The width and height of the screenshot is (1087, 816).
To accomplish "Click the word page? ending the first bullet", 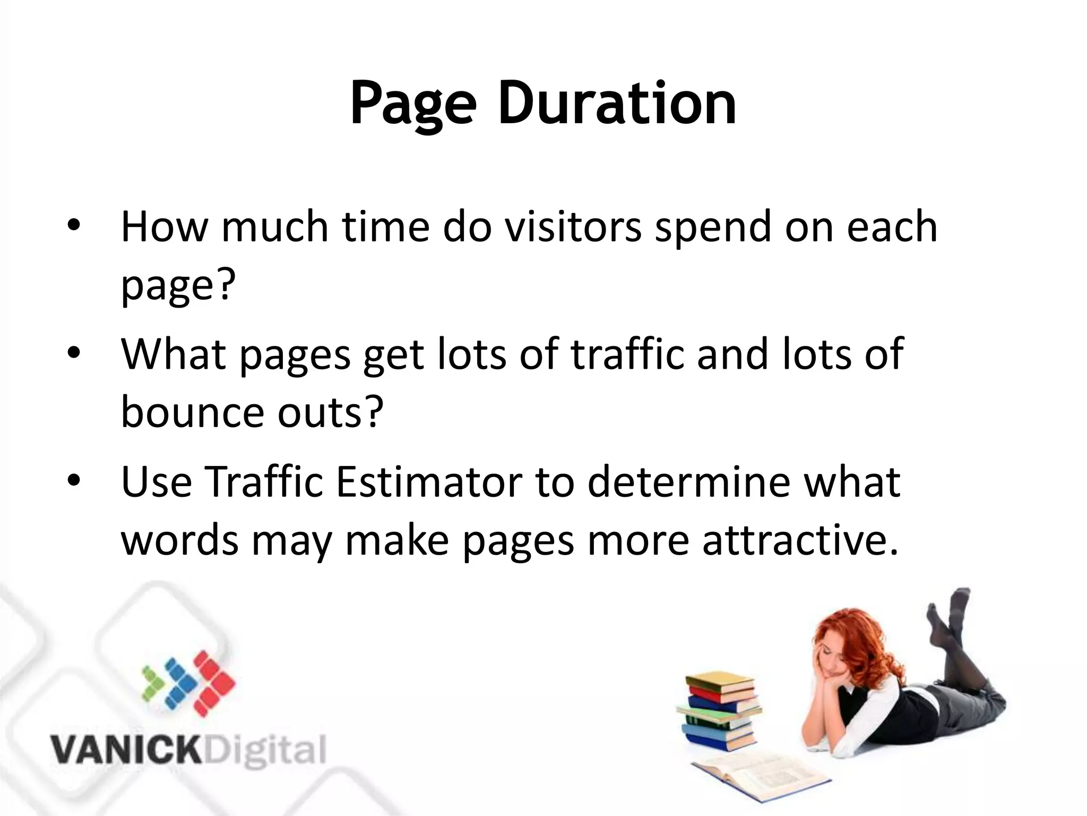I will tap(178, 287).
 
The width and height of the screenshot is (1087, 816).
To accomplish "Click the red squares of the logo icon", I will tap(212, 683).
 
